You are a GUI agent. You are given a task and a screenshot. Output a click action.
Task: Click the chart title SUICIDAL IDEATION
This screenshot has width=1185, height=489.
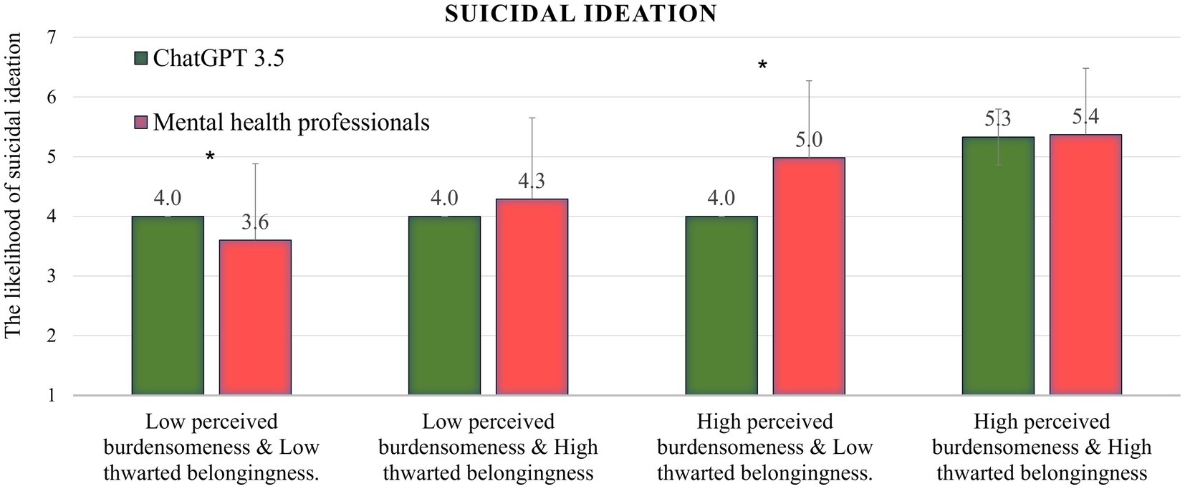pyautogui.click(x=580, y=14)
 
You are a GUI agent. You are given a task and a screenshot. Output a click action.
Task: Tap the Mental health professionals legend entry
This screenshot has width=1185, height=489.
pyautogui.click(x=282, y=123)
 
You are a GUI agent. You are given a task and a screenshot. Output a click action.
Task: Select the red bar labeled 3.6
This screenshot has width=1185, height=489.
pyautogui.click(x=255, y=318)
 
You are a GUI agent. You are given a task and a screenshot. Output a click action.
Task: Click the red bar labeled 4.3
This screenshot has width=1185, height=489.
pyautogui.click(x=532, y=297)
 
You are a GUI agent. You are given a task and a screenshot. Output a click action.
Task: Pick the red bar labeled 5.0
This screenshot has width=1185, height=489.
pyautogui.click(x=808, y=276)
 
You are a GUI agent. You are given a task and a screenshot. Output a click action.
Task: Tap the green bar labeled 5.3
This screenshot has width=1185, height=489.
pyautogui.click(x=998, y=266)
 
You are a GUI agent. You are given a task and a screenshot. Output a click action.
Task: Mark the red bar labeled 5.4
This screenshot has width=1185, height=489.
pyautogui.click(x=1085, y=265)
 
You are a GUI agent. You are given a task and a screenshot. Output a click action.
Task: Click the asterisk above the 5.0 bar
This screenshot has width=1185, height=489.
pyautogui.click(x=762, y=67)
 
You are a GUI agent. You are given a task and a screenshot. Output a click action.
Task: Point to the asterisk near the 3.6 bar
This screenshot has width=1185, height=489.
pyautogui.click(x=210, y=157)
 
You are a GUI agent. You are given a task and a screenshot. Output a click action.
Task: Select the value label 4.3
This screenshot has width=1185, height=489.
pyautogui.click(x=532, y=179)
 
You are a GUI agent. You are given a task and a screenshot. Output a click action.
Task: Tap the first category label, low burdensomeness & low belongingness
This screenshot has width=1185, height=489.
pyautogui.click(x=211, y=447)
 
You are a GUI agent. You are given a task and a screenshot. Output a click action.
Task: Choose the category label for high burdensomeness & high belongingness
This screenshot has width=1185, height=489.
pyautogui.click(x=1042, y=447)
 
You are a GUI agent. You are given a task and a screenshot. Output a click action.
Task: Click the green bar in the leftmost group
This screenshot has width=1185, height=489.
pyautogui.click(x=168, y=305)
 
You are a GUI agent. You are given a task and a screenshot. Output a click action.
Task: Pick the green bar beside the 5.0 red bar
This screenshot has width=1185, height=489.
pyautogui.click(x=721, y=305)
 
